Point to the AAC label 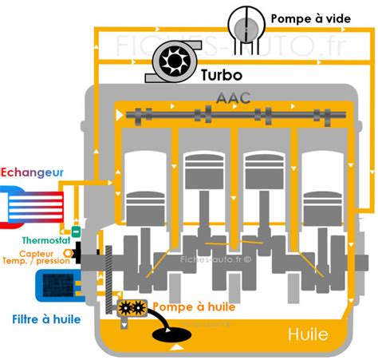(232, 97)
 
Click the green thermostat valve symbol (76, 232)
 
